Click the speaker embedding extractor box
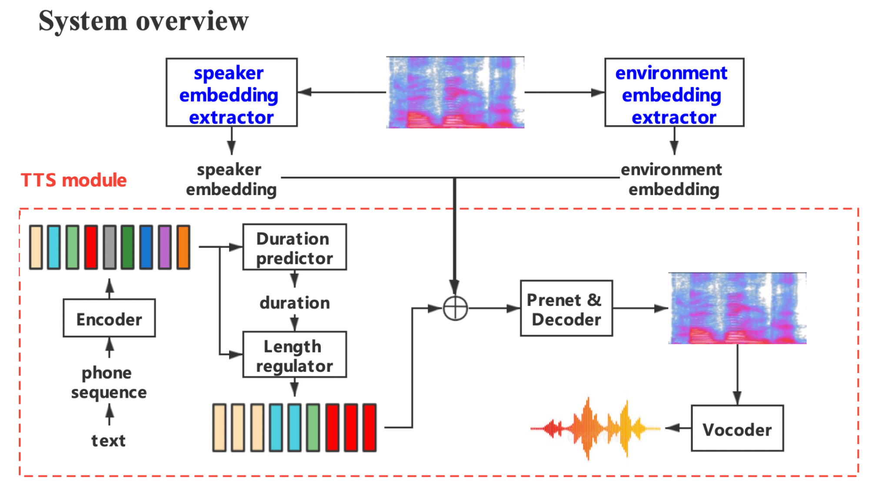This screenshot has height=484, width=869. [231, 92]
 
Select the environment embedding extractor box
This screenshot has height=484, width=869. [674, 92]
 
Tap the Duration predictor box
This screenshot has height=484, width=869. [294, 247]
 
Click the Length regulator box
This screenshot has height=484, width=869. [294, 354]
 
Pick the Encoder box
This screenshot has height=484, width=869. [109, 318]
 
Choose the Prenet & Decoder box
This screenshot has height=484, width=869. [566, 309]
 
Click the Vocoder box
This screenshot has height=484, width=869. [737, 428]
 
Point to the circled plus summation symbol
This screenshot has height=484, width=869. [455, 309]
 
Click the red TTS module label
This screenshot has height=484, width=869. [73, 180]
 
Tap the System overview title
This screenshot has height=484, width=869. [143, 21]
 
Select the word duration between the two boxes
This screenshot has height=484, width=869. [294, 302]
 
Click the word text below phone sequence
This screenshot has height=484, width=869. [108, 440]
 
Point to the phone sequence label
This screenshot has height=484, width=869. [109, 382]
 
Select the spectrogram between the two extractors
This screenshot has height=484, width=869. [455, 92]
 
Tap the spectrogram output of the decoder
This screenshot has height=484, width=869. [737, 309]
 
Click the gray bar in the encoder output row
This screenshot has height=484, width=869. [110, 247]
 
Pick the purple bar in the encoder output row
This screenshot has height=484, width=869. [165, 247]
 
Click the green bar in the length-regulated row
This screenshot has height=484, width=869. [313, 427]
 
